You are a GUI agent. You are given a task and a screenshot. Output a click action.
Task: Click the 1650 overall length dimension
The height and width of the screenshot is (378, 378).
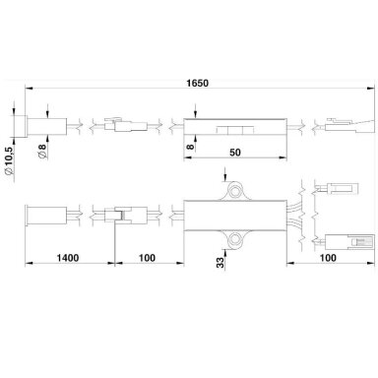[197, 83]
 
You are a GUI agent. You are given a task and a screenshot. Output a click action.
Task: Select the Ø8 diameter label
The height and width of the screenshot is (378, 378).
[43, 152]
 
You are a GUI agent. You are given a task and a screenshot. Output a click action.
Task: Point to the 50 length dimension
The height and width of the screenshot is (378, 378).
[235, 153]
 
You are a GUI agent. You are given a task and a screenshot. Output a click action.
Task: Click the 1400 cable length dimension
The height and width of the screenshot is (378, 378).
[68, 258]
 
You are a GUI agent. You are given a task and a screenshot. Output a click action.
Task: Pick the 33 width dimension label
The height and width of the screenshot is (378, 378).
[221, 262]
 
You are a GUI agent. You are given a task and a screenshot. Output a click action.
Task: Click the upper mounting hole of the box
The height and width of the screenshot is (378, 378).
[235, 190]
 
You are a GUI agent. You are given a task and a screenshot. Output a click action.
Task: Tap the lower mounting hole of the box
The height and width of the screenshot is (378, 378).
[235, 239]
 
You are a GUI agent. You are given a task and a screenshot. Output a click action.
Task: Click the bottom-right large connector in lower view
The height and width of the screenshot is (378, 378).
[349, 242]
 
